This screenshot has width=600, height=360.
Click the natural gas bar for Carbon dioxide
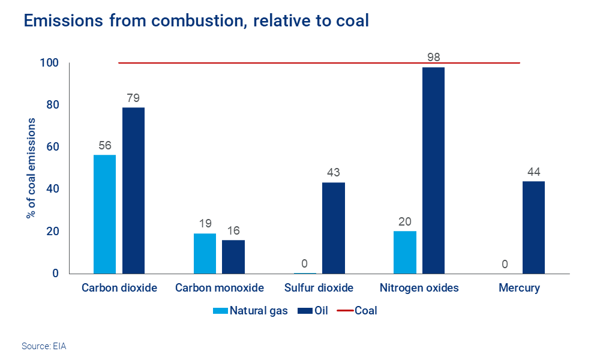click(104, 214)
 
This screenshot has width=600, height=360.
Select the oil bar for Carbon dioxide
click(133, 190)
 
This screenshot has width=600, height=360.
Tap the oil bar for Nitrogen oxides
click(433, 170)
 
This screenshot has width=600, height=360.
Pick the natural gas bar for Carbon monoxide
click(205, 253)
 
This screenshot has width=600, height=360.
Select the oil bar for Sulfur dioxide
click(334, 227)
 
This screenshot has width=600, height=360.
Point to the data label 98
click(433, 58)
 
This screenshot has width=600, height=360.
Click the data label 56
click(104, 145)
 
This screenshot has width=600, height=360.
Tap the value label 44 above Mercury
click(533, 172)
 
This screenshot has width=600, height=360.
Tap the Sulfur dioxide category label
click(319, 288)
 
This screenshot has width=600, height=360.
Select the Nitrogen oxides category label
click(419, 288)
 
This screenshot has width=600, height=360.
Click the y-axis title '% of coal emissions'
click(31, 168)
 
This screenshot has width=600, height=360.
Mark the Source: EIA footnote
click(44, 346)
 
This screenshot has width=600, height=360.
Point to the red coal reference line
click(270, 62)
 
